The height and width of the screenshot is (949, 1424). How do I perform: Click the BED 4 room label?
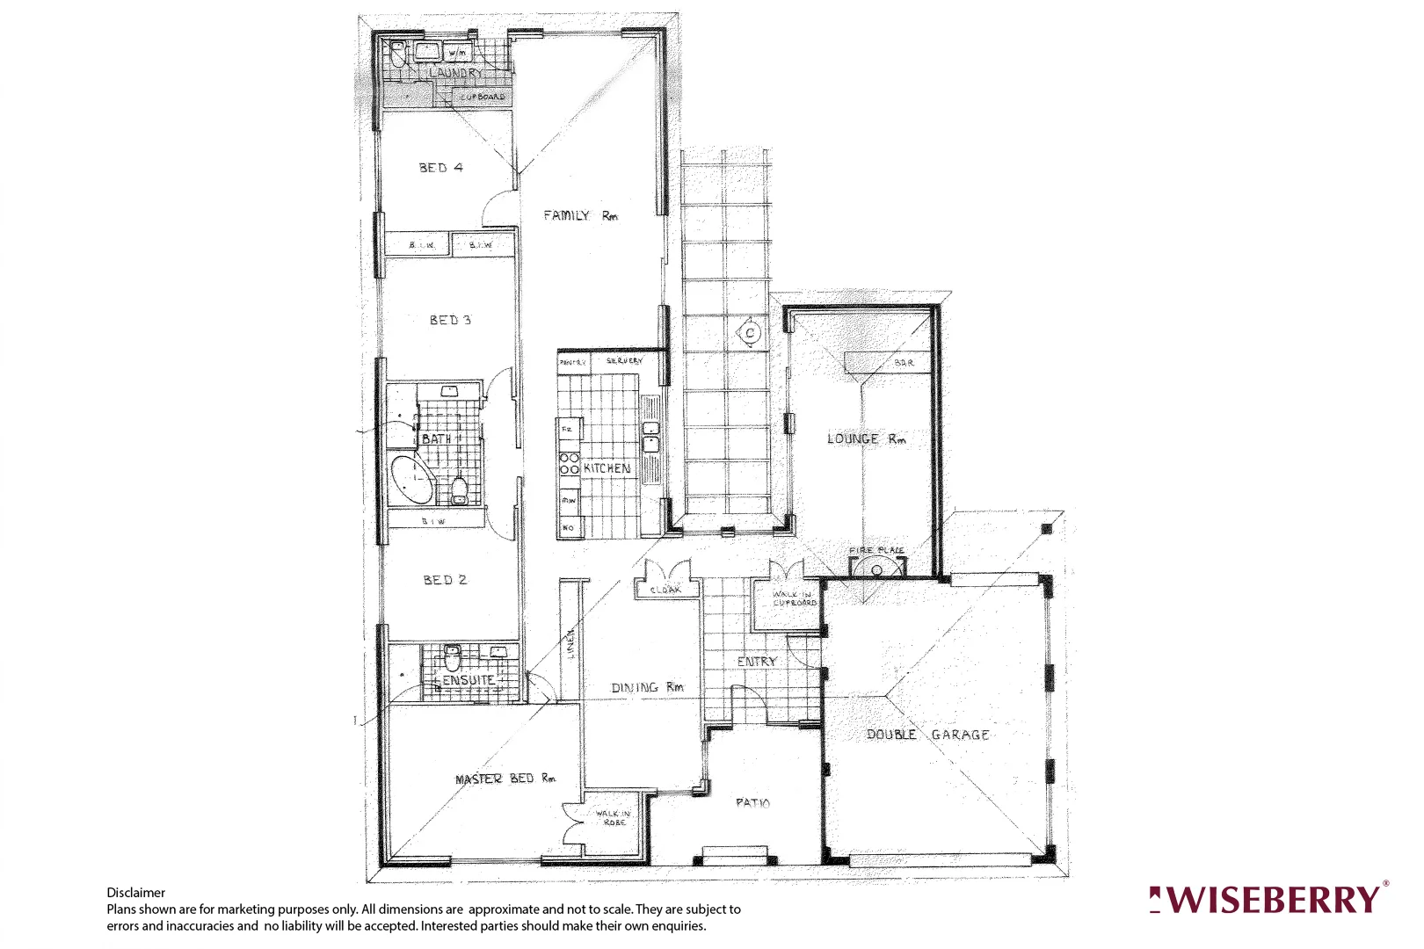click(x=440, y=167)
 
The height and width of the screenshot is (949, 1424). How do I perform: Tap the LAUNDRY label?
click(x=454, y=73)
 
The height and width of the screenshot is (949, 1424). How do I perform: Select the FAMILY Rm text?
click(x=580, y=215)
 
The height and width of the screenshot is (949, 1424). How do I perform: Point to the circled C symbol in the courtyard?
click(x=750, y=333)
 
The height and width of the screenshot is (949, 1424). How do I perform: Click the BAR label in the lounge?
click(x=904, y=362)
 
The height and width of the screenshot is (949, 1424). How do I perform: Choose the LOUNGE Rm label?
click(x=866, y=438)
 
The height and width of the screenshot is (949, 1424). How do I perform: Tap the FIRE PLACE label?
click(x=876, y=550)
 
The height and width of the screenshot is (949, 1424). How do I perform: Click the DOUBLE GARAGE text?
click(x=928, y=735)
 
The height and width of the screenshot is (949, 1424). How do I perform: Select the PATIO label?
click(x=752, y=802)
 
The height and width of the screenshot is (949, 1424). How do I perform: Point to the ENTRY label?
click(x=757, y=661)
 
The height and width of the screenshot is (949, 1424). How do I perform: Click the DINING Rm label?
click(x=647, y=687)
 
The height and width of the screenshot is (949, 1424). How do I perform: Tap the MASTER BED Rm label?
click(x=505, y=779)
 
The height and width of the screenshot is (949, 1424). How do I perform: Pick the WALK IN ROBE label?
click(x=614, y=817)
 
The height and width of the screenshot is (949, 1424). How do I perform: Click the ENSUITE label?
click(x=468, y=680)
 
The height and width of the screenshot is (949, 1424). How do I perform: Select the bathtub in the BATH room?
click(x=411, y=479)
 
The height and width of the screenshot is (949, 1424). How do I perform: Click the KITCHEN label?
click(x=607, y=468)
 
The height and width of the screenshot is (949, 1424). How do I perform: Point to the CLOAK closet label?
click(x=665, y=590)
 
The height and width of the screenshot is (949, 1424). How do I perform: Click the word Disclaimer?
click(x=135, y=892)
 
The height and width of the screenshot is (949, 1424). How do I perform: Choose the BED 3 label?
click(x=450, y=320)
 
